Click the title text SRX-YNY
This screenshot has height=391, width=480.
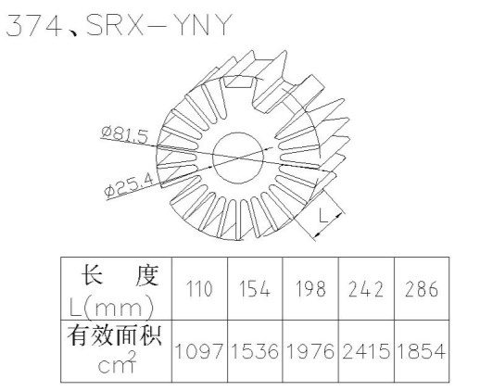[x=159, y=25]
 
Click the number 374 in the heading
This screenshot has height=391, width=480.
[x=34, y=26]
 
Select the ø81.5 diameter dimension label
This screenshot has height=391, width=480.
[x=125, y=136]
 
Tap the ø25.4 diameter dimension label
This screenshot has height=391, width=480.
[x=129, y=185]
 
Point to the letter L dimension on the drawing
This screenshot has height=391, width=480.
[x=323, y=215]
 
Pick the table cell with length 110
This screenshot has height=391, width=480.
[x=199, y=289]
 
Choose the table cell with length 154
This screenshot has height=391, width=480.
[x=255, y=289]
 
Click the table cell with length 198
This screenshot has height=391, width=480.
[x=310, y=289]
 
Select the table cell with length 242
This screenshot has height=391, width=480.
[x=366, y=289]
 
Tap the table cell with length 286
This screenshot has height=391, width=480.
[x=422, y=289]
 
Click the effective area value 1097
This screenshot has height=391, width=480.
[x=199, y=351]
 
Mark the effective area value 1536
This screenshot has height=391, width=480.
[x=255, y=351]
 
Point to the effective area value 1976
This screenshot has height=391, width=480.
[x=310, y=351]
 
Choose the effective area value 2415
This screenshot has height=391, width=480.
[x=366, y=351]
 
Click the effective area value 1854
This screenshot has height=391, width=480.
[x=422, y=351]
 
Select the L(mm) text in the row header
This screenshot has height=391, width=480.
[x=111, y=309]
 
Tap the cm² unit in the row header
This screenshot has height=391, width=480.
[x=117, y=362]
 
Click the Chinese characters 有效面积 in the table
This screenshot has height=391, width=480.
[x=115, y=336]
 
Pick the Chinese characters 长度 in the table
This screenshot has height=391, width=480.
[x=120, y=275]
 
